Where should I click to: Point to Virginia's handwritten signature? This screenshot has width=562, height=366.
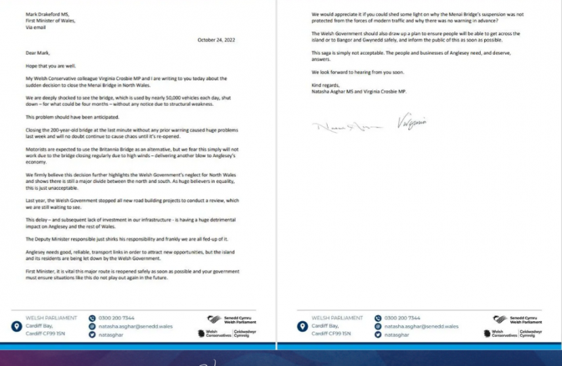pos(412,122)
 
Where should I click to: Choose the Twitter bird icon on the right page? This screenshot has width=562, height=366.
pos(376,334)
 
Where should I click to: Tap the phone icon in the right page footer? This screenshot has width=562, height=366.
pos(376,318)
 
